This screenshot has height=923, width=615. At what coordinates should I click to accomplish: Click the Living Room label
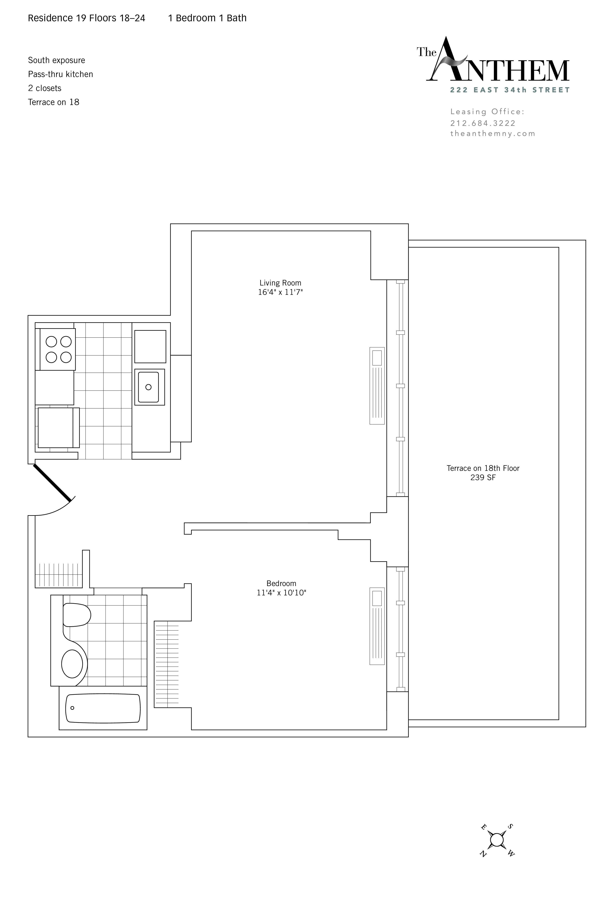[x=280, y=282]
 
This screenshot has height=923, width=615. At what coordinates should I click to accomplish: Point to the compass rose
[x=496, y=840]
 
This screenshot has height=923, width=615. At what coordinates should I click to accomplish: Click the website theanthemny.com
[x=493, y=134]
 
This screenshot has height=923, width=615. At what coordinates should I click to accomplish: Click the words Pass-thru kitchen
[x=60, y=74]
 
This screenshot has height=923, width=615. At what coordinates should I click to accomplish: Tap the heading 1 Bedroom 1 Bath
[x=207, y=18]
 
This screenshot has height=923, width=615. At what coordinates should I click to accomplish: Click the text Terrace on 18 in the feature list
[x=53, y=102]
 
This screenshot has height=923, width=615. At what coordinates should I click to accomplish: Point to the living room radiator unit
[x=377, y=385]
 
